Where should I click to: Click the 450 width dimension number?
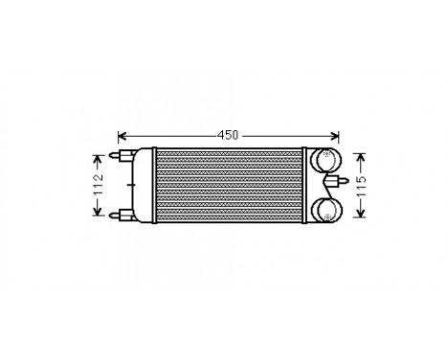tap(228, 135)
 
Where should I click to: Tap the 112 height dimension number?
tap(98, 184)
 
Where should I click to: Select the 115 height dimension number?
tap(361, 184)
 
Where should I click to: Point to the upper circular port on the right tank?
tap(326, 159)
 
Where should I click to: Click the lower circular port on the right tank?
tap(326, 210)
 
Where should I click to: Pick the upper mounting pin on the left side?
tap(123, 154)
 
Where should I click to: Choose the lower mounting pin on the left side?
tap(123, 214)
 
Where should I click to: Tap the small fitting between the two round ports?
tap(334, 182)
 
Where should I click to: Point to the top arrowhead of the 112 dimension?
tap(98, 153)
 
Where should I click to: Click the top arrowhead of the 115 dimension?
tap(361, 152)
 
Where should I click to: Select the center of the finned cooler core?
tap(228, 184)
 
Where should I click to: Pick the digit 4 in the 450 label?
tap(220, 135)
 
